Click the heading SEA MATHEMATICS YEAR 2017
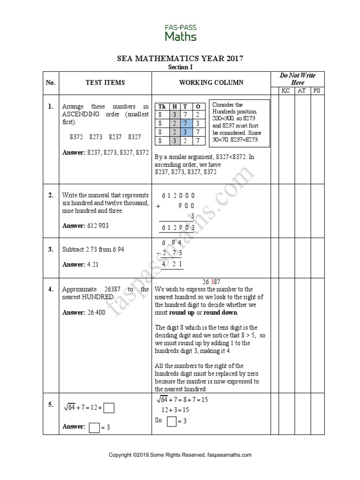click(180, 59)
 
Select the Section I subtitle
click(180, 67)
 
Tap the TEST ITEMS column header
click(105, 83)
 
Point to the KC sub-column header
click(285, 90)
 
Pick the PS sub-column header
click(316, 90)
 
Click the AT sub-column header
click(301, 90)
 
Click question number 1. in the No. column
click(50, 107)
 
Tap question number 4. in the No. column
click(50, 289)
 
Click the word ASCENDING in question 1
click(78, 114)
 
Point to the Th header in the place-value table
click(161, 106)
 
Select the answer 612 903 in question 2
click(98, 226)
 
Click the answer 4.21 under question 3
click(93, 264)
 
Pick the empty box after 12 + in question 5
click(109, 408)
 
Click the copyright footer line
click(180, 455)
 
